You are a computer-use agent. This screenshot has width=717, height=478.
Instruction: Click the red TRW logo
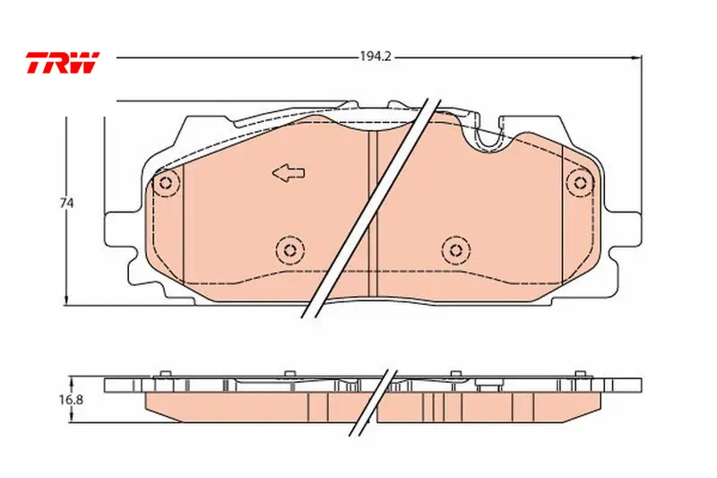[x=62, y=62]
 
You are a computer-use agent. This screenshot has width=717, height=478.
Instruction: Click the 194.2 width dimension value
[x=376, y=56]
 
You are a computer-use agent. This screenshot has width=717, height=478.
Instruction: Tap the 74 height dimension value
[x=66, y=203]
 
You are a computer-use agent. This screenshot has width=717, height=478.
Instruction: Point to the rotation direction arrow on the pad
[x=289, y=173]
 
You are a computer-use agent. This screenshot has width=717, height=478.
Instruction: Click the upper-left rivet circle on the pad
[x=166, y=184]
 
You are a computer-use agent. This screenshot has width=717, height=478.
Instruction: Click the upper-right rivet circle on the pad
[x=580, y=183]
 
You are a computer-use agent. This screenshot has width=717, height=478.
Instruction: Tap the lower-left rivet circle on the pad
[x=289, y=250]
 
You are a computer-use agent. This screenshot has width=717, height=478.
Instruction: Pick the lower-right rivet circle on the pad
[x=456, y=249]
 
